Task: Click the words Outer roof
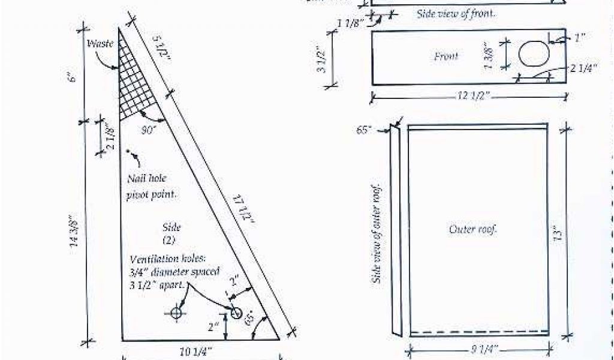click(x=474, y=229)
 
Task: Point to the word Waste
click(x=100, y=44)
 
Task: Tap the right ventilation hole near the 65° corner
click(x=236, y=313)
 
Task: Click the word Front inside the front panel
click(x=446, y=56)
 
